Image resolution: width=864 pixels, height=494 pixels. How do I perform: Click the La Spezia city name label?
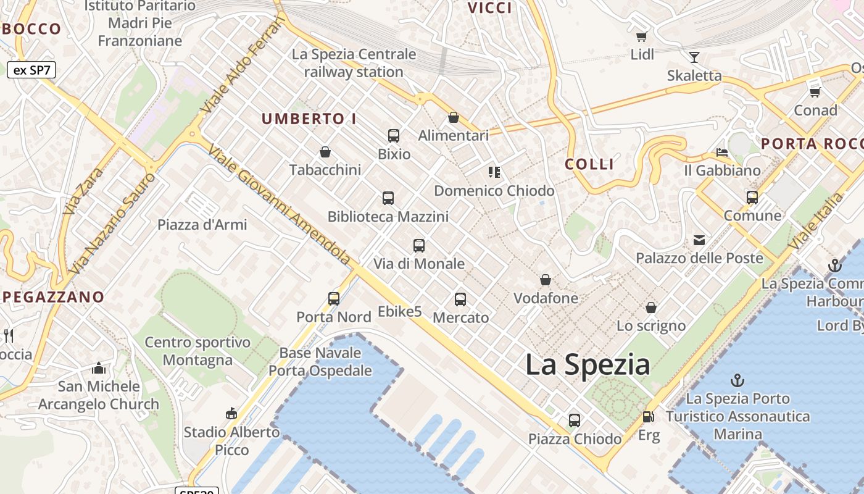(x=588, y=365)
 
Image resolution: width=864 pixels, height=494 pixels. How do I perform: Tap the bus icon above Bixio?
(x=394, y=136)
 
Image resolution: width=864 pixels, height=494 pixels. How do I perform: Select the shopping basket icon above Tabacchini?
(x=325, y=152)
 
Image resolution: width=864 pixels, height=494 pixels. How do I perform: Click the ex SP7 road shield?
(x=31, y=70)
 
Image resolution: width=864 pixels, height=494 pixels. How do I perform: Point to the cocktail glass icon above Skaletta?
(x=694, y=57)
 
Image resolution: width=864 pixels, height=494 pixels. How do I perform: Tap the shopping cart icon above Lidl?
(x=642, y=36)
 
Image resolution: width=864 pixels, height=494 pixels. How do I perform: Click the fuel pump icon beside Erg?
(x=648, y=417)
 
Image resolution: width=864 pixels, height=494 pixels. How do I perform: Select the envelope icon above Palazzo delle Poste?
(x=699, y=240)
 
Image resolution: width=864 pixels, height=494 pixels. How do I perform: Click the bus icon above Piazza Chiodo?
(x=575, y=421)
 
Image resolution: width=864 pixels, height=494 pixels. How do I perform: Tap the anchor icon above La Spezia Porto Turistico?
(x=737, y=380)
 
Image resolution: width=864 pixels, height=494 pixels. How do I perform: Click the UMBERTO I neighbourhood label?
(x=309, y=119)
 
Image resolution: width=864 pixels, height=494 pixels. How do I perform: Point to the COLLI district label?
(x=590, y=164)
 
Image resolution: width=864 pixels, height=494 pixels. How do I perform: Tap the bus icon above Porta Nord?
(x=334, y=299)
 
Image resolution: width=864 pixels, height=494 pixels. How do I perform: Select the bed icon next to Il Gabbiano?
(x=721, y=152)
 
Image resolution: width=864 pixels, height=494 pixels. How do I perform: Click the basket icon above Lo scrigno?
(x=651, y=308)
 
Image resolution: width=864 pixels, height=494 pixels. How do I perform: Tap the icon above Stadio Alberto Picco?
(x=231, y=414)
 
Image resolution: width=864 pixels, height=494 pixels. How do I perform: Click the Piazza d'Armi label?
(x=202, y=225)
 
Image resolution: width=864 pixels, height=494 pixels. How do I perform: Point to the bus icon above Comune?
(x=752, y=198)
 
